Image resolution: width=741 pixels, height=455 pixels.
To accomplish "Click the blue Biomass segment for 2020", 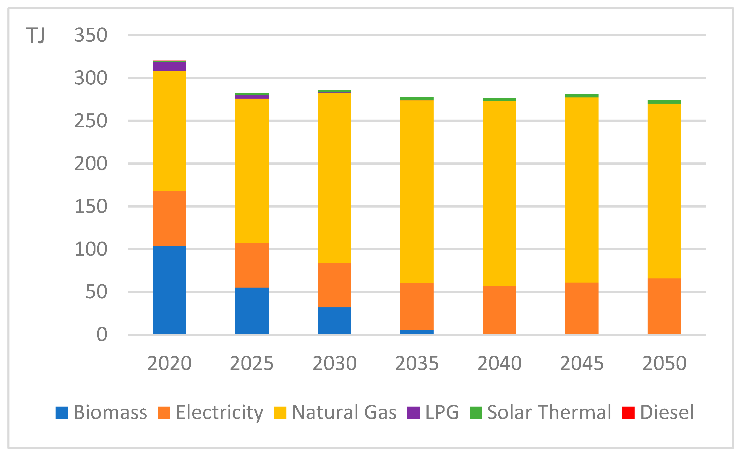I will pos(169,289).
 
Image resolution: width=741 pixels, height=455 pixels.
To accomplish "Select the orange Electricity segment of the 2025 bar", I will pos(252,265).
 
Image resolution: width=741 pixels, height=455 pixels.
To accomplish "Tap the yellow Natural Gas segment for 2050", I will pos(664,191).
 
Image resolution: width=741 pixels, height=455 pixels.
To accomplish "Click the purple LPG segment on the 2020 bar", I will pos(169,66).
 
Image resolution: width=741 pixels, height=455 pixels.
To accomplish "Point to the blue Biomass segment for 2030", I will pos(334,320).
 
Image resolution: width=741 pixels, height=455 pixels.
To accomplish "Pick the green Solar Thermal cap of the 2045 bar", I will pos(581,96).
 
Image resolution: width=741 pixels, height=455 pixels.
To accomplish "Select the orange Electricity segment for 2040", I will pos(499,310).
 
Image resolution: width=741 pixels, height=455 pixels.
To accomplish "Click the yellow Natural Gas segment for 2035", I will pos(416,192).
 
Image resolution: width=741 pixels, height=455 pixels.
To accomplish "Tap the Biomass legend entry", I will pos(101,412).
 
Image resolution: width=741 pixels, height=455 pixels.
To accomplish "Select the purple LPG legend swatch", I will pos(413,412).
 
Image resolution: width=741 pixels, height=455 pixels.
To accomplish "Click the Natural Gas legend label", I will pos(344,412).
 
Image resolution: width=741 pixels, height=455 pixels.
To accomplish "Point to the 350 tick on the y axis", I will pos(91,35).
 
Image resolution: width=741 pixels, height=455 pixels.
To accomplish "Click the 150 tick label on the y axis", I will pos(91,207).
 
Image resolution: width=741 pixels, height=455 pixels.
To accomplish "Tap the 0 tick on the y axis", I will pos(102,335).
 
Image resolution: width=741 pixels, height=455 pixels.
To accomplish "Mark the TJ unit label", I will pos(35,35).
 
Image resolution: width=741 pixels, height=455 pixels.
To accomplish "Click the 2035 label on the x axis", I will pos(416,363).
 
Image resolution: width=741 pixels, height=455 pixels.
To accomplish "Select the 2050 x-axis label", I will pos(664,363).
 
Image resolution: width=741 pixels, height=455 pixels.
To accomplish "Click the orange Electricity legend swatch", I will pos(164,412).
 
